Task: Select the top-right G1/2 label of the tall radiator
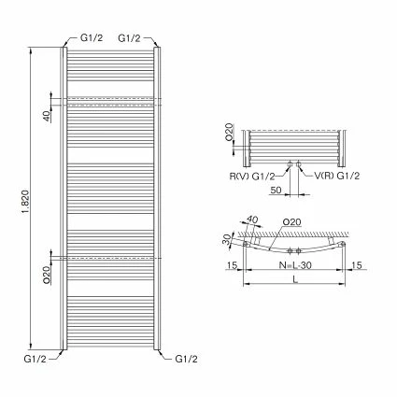pyautogui.click(x=131, y=38)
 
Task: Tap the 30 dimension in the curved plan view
pyautogui.click(x=228, y=238)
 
